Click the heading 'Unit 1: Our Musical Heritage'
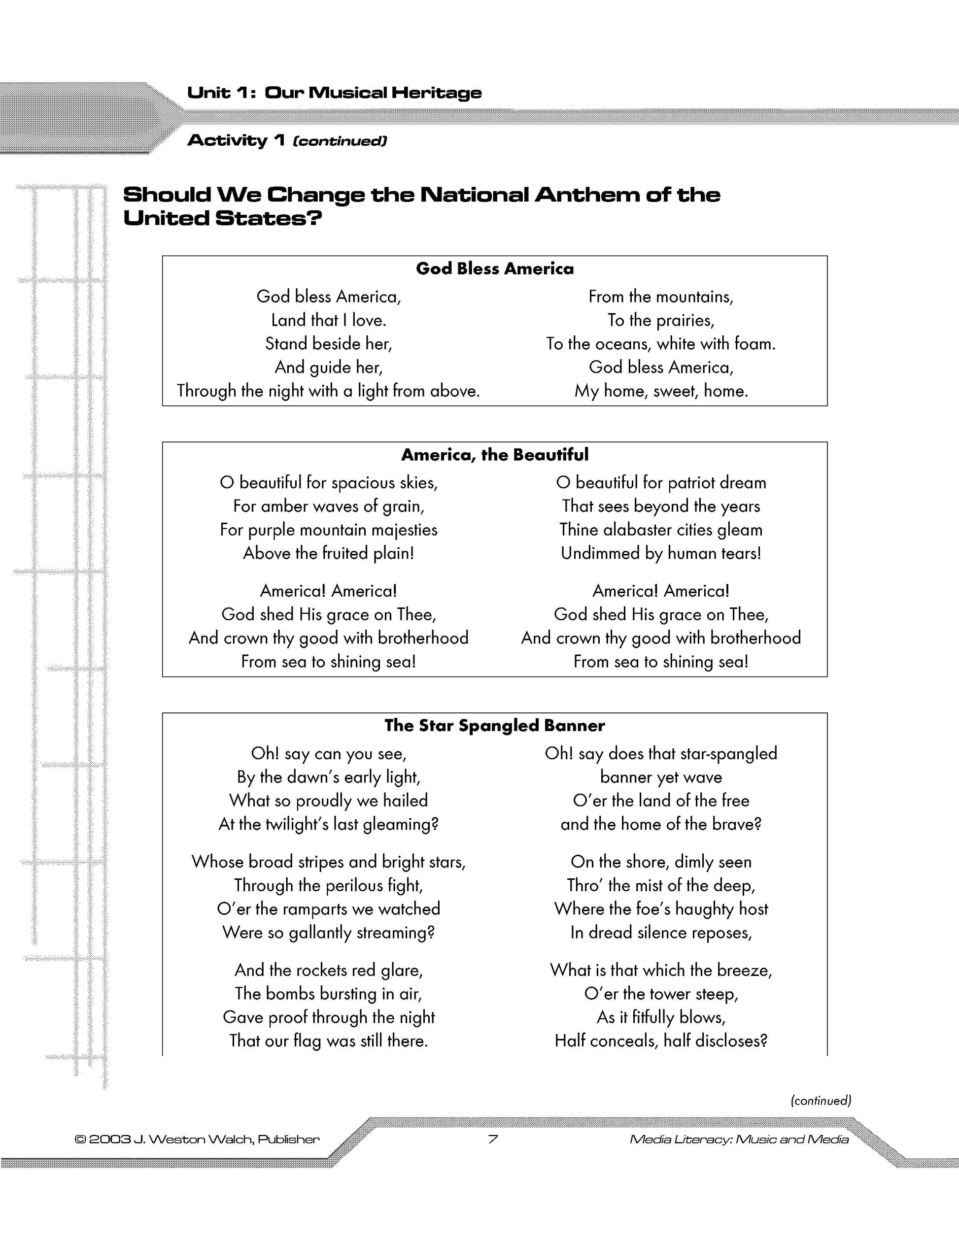click(x=334, y=93)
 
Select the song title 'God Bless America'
click(x=494, y=269)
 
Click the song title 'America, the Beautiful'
click(x=494, y=454)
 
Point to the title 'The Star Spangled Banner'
click(x=494, y=725)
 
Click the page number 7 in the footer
click(x=493, y=1139)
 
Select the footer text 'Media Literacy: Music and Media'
click(x=739, y=1139)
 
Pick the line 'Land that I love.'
click(x=329, y=320)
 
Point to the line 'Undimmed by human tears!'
click(x=660, y=553)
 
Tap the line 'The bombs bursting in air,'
click(x=329, y=994)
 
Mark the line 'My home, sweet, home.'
click(x=660, y=391)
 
